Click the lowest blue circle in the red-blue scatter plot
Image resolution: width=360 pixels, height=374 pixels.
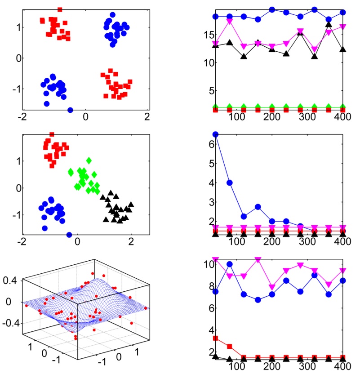pos(70,110)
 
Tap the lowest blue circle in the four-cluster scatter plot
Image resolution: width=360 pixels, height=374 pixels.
pos(69,235)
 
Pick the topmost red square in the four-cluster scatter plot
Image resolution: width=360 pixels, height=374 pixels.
pos(52,134)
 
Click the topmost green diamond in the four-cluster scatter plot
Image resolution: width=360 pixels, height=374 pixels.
pos(89,160)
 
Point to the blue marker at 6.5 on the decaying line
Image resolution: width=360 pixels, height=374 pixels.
pos(215,134)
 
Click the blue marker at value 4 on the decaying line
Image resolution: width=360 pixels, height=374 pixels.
pos(230,183)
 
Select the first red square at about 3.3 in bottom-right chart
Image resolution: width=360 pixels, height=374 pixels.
pos(215,338)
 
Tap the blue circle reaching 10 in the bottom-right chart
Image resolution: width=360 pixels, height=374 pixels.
pos(230,264)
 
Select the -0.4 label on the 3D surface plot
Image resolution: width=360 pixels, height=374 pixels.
pos(8,323)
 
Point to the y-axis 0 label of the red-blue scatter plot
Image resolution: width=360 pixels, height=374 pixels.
pos(6,58)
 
